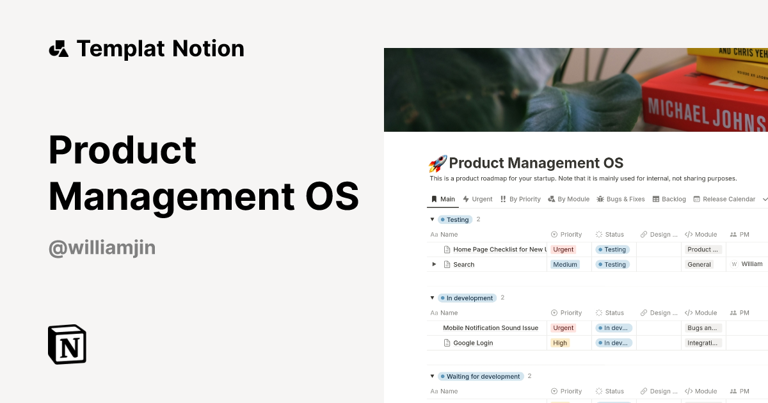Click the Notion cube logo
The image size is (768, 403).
pos(67,344)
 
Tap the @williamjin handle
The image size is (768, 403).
pos(102,247)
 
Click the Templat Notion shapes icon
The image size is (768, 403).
pos(58,49)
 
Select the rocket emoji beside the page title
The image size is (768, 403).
pos(437,164)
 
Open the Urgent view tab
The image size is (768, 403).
pos(477,199)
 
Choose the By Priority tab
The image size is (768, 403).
pos(520,199)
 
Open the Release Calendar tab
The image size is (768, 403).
pos(724,199)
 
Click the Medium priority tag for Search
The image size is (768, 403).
pos(565,264)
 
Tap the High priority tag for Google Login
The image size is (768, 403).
pos(560,343)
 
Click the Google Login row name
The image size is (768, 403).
pos(473,343)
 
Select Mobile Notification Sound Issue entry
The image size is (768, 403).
pos(490,328)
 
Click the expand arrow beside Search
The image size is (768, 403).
pos(434,264)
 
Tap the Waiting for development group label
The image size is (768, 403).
pos(483,376)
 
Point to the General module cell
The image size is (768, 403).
pos(699,264)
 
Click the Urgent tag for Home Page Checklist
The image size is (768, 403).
pos(563,249)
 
